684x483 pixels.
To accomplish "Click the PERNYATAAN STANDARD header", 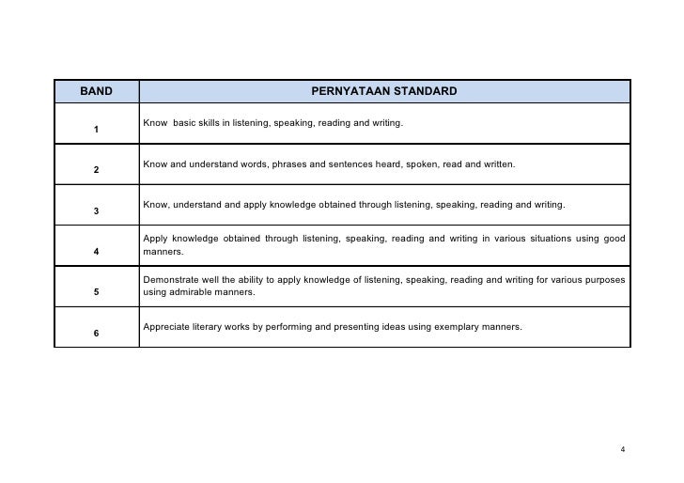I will tap(385, 91).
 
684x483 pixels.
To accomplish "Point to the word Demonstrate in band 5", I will tap(172, 280).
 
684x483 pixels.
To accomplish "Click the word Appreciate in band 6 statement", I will tap(167, 327).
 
